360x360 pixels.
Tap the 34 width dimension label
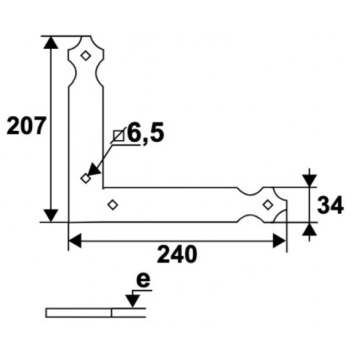330,205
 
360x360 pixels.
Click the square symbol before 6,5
118,135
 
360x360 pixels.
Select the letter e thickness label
143,281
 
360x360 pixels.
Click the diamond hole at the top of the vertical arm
85,55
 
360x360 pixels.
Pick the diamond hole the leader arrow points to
85,178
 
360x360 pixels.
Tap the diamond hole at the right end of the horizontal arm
268,205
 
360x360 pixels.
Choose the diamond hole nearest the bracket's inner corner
112,205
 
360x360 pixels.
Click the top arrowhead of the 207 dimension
51,44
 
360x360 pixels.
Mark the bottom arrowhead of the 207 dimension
51,215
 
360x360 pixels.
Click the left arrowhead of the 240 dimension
75,241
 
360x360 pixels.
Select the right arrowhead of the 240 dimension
279,241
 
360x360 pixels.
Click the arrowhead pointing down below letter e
132,301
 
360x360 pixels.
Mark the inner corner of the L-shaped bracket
103,187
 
